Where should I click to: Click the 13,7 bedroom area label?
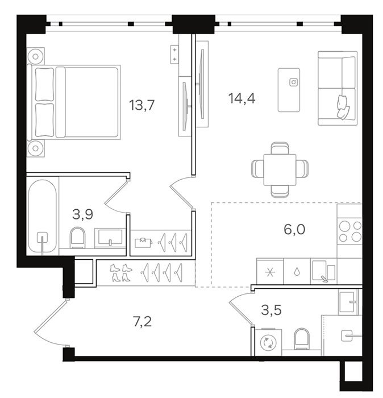[x=142, y=105]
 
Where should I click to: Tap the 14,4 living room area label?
[x=242, y=98]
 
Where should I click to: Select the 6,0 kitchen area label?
[x=294, y=230]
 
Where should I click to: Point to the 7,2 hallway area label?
[x=142, y=322]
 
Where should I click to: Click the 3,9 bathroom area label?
[x=83, y=214]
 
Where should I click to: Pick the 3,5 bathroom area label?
[x=271, y=310]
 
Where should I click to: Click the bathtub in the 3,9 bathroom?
[x=43, y=215]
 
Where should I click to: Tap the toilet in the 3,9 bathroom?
[x=78, y=238]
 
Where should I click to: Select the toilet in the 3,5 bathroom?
[x=302, y=339]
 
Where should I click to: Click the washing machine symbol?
[x=268, y=342]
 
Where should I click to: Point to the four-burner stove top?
[x=350, y=231]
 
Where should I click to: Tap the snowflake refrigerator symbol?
[x=270, y=272]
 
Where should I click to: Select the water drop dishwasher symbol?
[x=297, y=272]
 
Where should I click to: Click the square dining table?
[x=280, y=169]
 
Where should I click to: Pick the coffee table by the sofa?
[x=289, y=90]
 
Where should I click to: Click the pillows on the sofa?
[x=343, y=107]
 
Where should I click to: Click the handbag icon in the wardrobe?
[x=143, y=242]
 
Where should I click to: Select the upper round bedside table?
[x=35, y=56]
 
